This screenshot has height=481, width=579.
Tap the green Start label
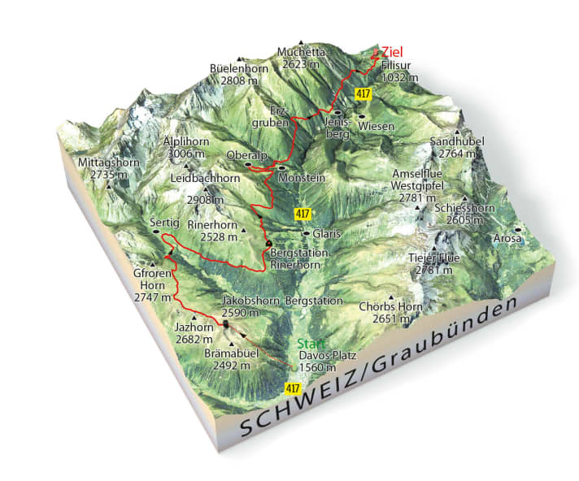click(x=311, y=343)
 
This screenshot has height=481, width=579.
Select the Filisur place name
click(x=398, y=65)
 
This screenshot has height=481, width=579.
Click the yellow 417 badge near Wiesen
click(x=364, y=95)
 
